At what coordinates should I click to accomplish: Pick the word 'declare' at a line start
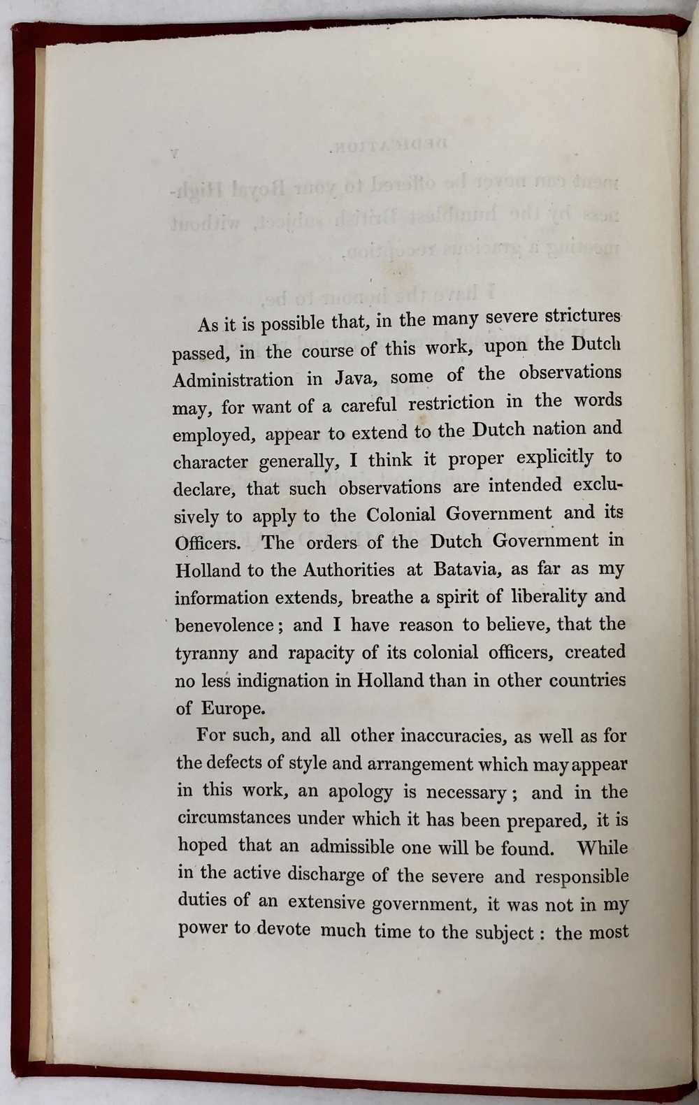[x=203, y=489]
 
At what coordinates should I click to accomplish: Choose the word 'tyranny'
[x=206, y=653]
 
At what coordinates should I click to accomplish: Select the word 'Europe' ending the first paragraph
[x=233, y=708]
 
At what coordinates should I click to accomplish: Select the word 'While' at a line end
[x=602, y=848]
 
